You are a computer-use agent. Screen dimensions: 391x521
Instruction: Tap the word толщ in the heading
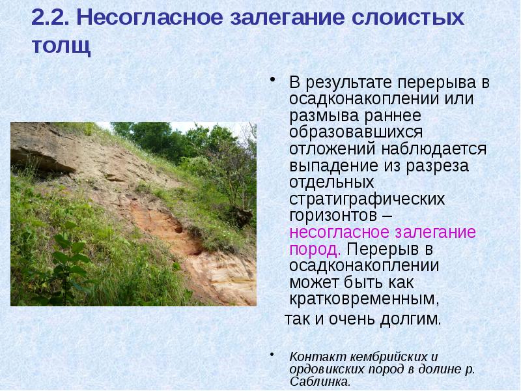60,48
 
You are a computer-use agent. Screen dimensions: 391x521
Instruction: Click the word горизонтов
330,214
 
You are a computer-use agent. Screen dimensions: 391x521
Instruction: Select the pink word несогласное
337,232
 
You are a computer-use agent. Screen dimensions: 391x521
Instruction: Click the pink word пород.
314,248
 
